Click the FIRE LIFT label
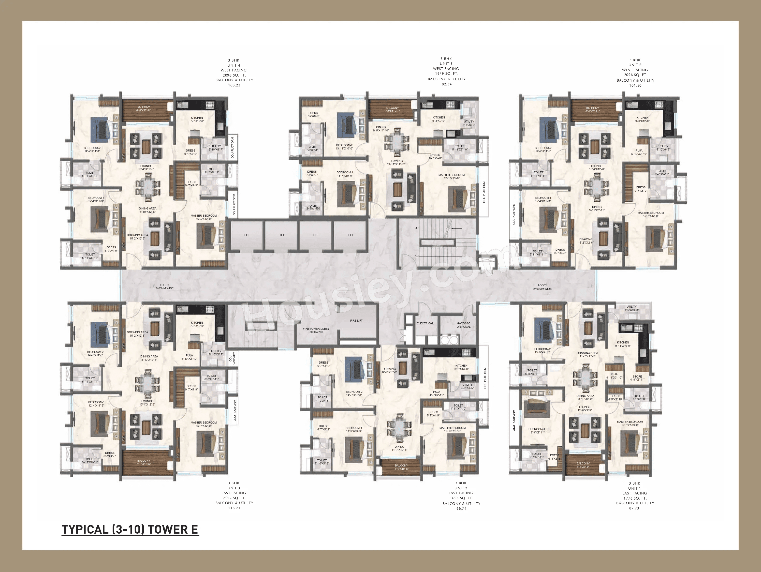coord(356,321)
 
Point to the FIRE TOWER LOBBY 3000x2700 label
coord(316,330)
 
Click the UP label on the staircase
coord(417,228)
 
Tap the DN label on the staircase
coord(417,256)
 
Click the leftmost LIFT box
coord(247,235)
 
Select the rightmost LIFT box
coord(350,235)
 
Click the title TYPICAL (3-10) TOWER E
coord(130,529)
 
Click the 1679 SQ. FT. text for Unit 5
coord(446,74)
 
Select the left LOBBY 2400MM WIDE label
coord(165,287)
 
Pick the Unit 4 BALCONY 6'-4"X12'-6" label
coord(143,109)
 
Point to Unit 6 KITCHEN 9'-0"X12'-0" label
coord(642,119)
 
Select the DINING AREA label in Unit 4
coord(148,210)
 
